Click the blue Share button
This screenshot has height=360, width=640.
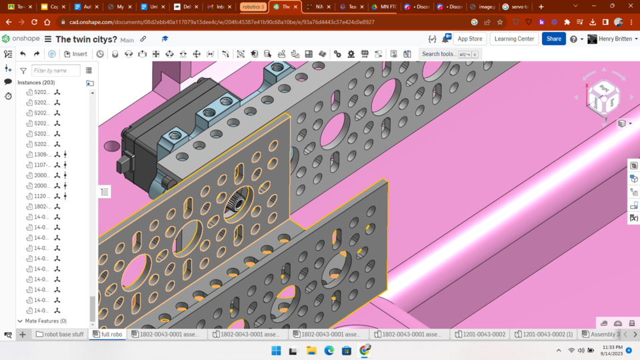pos(554,39)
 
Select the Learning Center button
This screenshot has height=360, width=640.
pos(514,39)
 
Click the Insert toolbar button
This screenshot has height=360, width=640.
pos(75,54)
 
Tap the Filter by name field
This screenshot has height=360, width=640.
pos(56,70)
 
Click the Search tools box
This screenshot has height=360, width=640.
pos(450,54)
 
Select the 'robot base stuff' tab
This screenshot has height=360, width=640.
pos(60,334)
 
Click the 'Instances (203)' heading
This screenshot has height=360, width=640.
pos(36,83)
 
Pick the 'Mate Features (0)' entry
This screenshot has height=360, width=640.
pos(45,321)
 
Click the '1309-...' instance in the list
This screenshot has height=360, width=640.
pos(41,155)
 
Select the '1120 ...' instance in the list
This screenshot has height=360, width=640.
pos(41,196)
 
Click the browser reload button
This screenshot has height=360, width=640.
pos(35,22)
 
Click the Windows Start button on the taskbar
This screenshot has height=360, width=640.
pos(276,350)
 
